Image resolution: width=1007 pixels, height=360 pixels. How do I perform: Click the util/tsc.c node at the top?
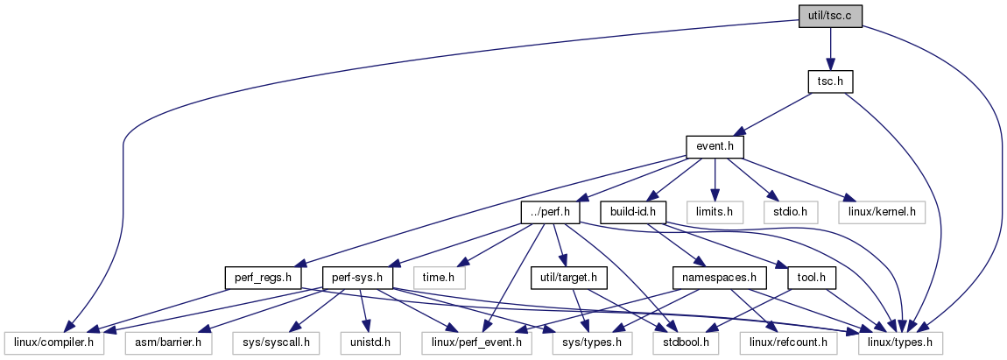830,16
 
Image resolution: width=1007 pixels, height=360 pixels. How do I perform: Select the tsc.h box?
830,81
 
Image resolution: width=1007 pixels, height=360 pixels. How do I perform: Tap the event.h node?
715,146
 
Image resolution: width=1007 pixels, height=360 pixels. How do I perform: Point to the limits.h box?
715,212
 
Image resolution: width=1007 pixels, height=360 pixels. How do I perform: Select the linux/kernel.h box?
882,212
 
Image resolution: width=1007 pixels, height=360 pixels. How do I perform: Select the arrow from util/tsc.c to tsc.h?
830,48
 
